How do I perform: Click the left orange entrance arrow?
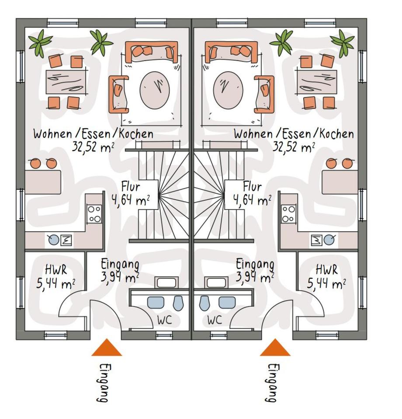point(107,348)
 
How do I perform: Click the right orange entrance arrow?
point(275,348)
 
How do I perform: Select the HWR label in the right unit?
point(326,270)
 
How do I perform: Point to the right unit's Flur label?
point(252,187)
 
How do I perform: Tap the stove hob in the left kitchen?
point(94,214)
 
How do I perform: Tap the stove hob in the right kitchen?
point(289,214)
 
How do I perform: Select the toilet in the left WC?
point(178,302)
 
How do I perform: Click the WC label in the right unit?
point(215,320)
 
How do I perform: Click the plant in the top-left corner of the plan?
point(40,42)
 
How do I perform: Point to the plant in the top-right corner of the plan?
point(343,42)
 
